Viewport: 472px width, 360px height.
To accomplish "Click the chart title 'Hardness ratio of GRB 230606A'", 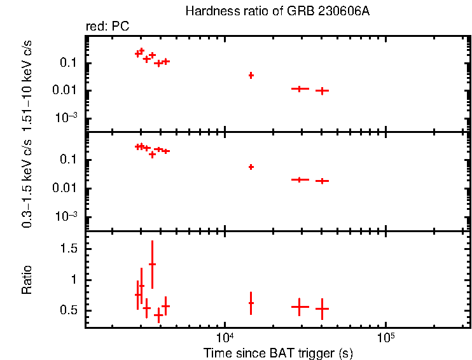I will point(277,11).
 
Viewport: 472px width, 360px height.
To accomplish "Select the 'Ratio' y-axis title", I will point(27,279).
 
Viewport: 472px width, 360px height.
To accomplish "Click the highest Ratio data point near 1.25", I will point(152,264).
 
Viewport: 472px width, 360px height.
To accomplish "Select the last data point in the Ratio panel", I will point(323,308).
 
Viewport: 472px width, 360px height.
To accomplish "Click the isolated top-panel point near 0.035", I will point(251,75).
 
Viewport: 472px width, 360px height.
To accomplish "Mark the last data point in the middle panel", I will point(323,181).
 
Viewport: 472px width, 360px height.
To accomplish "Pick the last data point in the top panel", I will point(323,90).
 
